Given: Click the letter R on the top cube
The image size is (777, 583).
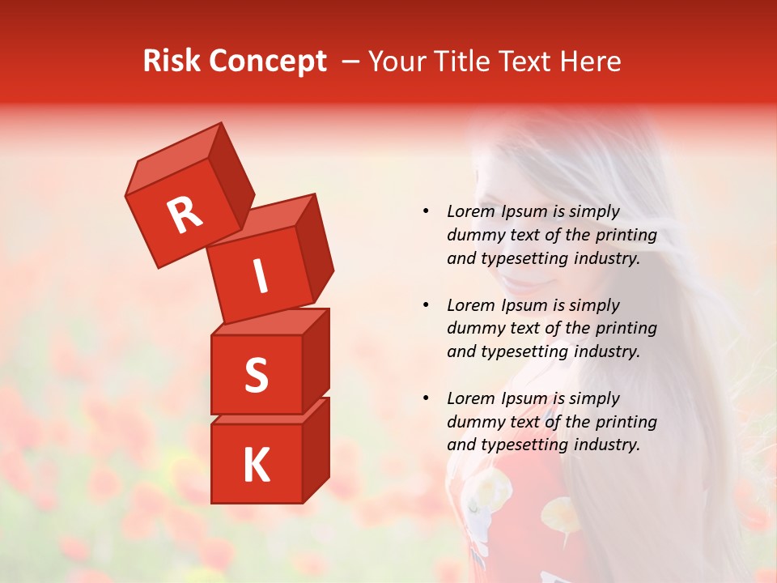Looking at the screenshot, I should pos(185,215).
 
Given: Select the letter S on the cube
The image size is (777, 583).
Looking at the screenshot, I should pos(256,376).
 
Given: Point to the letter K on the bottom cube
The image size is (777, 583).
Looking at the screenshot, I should pos(256,466).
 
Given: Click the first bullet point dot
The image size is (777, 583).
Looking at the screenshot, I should pos(426,212).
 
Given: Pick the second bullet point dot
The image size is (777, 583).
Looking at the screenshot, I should pos(426,306).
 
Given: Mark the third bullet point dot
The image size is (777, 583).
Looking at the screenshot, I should pos(426,399).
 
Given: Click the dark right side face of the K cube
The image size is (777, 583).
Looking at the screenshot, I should pos(316,449).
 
